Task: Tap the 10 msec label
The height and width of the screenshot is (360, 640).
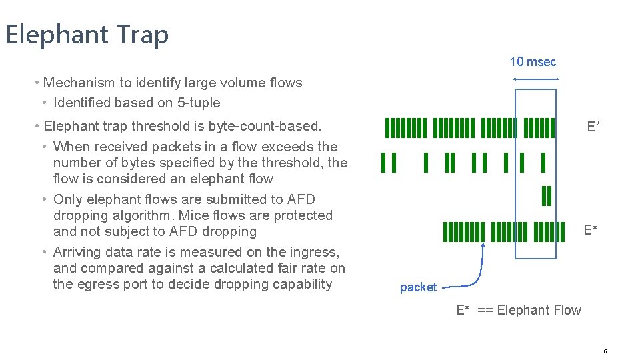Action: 533,62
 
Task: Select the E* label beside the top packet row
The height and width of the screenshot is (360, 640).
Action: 593,127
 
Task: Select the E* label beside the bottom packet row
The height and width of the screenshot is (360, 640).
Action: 591,230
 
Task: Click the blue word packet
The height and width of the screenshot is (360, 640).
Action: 418,287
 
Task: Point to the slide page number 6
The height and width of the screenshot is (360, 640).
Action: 605,351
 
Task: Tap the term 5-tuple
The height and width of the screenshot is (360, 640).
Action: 197,103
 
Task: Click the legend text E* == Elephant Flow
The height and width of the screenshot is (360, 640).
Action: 519,310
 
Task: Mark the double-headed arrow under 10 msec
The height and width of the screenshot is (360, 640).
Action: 536,79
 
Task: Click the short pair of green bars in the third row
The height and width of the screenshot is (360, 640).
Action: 547,195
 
